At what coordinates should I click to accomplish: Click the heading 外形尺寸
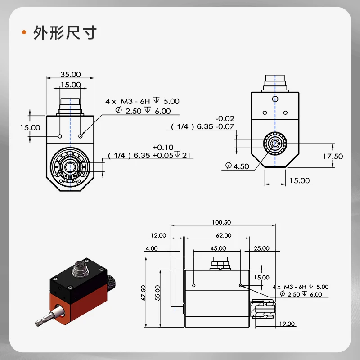tap(65, 32)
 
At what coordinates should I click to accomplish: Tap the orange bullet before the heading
tap(24, 32)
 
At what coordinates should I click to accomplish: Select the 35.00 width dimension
tap(71, 74)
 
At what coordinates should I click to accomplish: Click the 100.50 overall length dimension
tap(221, 222)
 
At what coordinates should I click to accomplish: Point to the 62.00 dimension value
tap(224, 235)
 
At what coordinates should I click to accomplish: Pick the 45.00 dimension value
tap(218, 248)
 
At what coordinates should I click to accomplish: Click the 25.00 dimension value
tap(261, 248)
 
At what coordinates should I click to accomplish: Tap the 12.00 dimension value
tap(158, 235)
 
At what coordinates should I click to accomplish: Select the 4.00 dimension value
tap(152, 248)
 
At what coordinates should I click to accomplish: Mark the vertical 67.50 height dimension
tap(144, 293)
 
